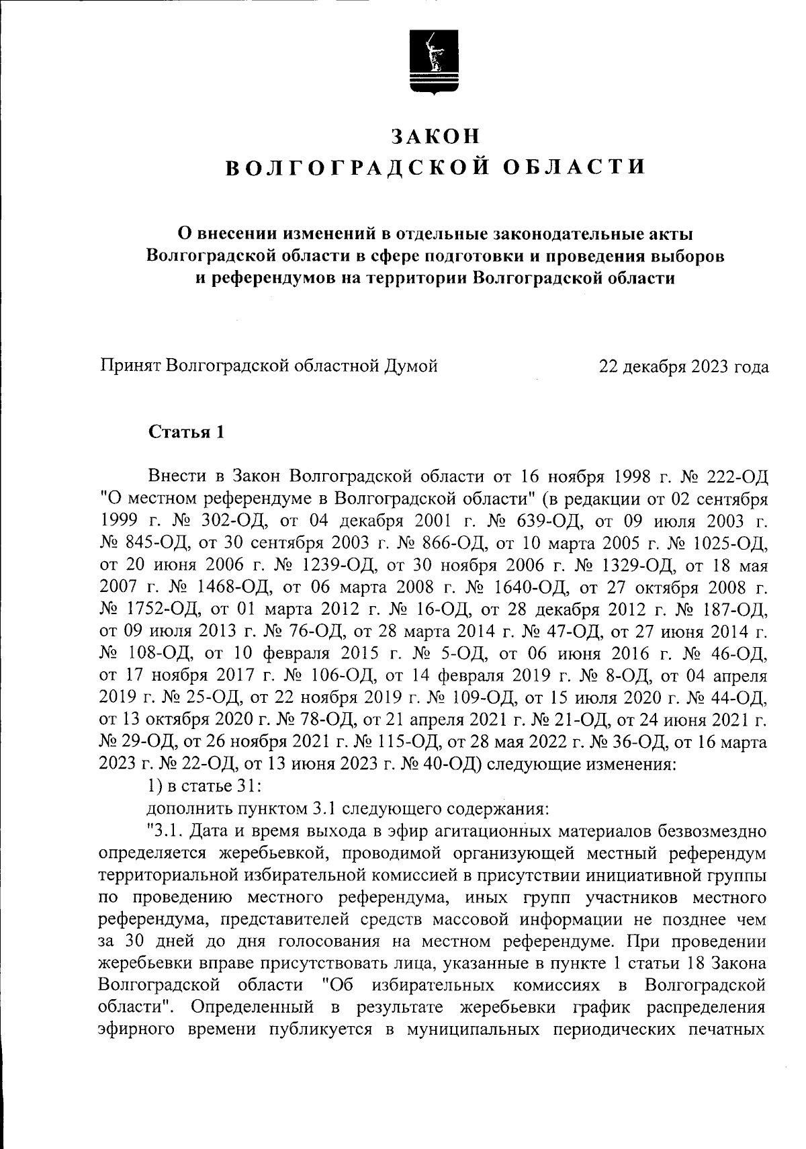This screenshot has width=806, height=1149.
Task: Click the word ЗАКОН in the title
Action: point(436,136)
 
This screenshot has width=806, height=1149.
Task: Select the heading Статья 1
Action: point(185,431)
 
